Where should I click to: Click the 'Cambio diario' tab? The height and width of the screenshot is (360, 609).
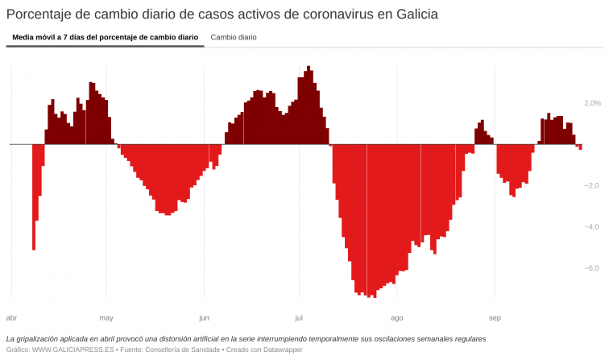tap(234, 37)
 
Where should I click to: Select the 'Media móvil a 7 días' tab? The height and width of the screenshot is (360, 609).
tap(105, 37)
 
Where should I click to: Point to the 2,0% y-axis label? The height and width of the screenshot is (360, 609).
tap(592, 103)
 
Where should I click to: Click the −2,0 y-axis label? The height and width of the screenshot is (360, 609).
tap(591, 186)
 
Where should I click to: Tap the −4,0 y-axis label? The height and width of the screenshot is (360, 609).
tap(591, 227)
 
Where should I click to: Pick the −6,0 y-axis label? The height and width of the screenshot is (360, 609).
tap(591, 269)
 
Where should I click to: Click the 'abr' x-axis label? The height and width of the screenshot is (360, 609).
tap(11, 317)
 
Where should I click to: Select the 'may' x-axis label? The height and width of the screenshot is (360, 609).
tap(106, 317)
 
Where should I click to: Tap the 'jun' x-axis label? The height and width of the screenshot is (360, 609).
tap(204, 317)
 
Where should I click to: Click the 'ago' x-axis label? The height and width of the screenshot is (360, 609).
tap(396, 317)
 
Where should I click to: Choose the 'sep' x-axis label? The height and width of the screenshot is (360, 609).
tap(495, 317)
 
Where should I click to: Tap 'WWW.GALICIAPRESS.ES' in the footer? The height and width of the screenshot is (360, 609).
tap(73, 350)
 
